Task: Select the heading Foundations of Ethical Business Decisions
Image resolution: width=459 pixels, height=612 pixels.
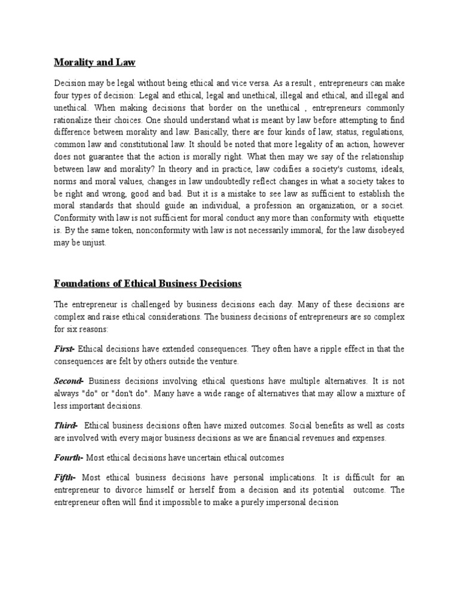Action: tap(148, 283)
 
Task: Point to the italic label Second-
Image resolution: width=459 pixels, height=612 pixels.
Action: tap(69, 380)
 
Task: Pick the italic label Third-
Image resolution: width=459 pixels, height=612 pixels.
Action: tap(66, 426)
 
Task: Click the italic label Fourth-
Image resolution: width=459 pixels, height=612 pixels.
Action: tap(69, 458)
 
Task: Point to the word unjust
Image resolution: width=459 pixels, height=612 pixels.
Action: tap(92, 243)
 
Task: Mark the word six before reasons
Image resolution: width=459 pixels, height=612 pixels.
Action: tap(72, 328)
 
